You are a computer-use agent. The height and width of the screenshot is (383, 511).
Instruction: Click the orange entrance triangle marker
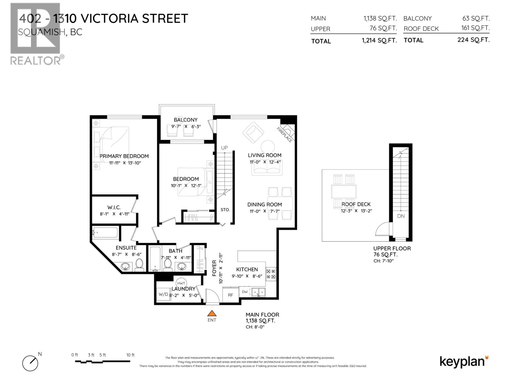tap(212, 313)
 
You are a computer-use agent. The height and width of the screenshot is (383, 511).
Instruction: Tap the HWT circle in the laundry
tap(181, 283)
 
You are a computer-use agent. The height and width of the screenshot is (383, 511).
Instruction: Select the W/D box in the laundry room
tap(163, 294)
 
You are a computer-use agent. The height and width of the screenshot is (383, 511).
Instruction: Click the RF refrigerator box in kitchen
tap(231, 295)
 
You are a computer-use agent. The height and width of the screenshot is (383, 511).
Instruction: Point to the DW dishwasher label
tap(245, 292)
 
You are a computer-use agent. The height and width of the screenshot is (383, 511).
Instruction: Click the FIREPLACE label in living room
tap(284, 135)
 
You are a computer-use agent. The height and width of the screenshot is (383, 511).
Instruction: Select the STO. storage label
tap(225, 210)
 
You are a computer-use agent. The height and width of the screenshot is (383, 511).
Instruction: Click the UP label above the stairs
tap(225, 148)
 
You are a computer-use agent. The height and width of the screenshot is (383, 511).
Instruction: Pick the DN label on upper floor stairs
tap(401, 216)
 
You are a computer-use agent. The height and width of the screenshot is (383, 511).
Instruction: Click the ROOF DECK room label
tap(356, 204)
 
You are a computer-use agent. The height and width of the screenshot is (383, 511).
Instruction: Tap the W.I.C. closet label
tap(114, 207)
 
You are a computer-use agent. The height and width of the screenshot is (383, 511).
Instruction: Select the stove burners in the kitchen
tap(271, 274)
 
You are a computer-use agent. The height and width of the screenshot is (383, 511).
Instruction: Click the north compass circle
tap(30, 363)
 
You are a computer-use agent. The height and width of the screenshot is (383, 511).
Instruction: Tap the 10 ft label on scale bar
tap(130, 355)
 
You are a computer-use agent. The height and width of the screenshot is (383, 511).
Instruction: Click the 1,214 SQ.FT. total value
tap(379, 41)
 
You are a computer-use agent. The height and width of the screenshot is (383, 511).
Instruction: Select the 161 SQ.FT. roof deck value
tap(475, 28)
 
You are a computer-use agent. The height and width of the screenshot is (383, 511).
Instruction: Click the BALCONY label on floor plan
tap(186, 120)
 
